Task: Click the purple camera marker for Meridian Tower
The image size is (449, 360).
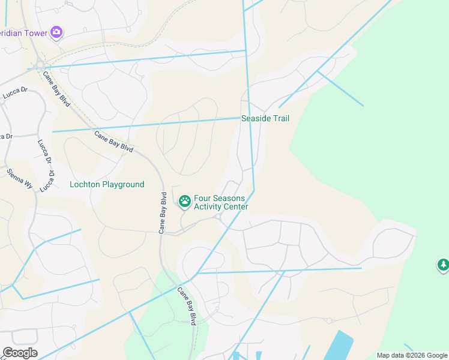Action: pos(56,32)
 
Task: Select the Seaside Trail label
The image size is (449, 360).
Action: pos(265,118)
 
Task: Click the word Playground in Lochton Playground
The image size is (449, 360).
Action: pos(123,184)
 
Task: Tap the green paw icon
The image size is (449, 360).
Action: pos(184,202)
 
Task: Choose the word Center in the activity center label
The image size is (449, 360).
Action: pos(236,207)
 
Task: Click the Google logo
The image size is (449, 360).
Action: pos(20,352)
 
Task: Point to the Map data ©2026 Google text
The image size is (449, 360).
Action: pos(411,355)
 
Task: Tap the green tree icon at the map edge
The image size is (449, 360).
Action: pos(443,265)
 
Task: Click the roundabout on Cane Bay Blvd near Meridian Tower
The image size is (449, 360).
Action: pos(40,64)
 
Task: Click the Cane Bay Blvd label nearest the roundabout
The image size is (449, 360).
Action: pos(56,89)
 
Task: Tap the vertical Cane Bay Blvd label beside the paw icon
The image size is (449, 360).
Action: pos(163,212)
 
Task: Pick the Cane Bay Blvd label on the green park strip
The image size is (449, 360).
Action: pos(187,306)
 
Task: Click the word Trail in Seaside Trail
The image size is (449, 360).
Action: pos(279,118)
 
